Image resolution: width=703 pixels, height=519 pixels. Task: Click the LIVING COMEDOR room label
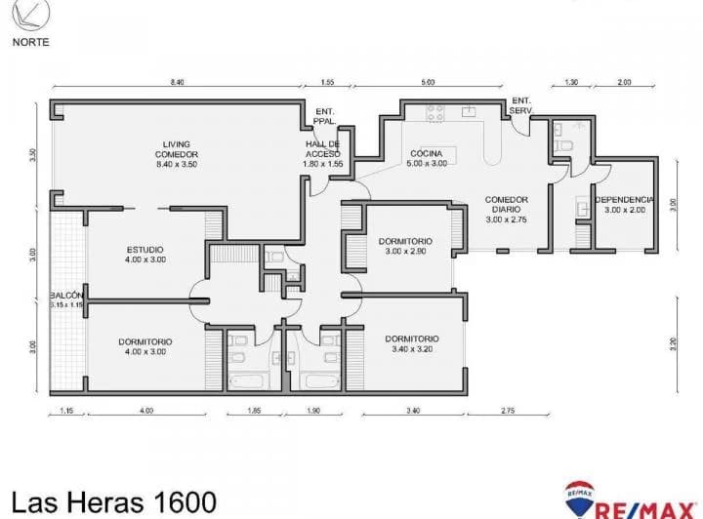[x=177, y=154]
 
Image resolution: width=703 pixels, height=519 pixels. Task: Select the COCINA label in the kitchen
[x=427, y=159]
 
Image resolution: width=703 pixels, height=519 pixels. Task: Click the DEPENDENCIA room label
[x=624, y=205]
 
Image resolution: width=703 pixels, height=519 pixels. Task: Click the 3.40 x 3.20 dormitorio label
[x=411, y=343]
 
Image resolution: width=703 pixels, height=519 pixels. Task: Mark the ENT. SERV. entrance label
[x=521, y=104]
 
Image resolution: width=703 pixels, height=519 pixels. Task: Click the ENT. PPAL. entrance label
[x=324, y=116]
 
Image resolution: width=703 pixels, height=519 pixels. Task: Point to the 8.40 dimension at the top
[x=177, y=83]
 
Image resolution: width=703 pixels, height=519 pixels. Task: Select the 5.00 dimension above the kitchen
[x=428, y=83]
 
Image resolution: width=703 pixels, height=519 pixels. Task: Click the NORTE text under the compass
[x=30, y=42]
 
